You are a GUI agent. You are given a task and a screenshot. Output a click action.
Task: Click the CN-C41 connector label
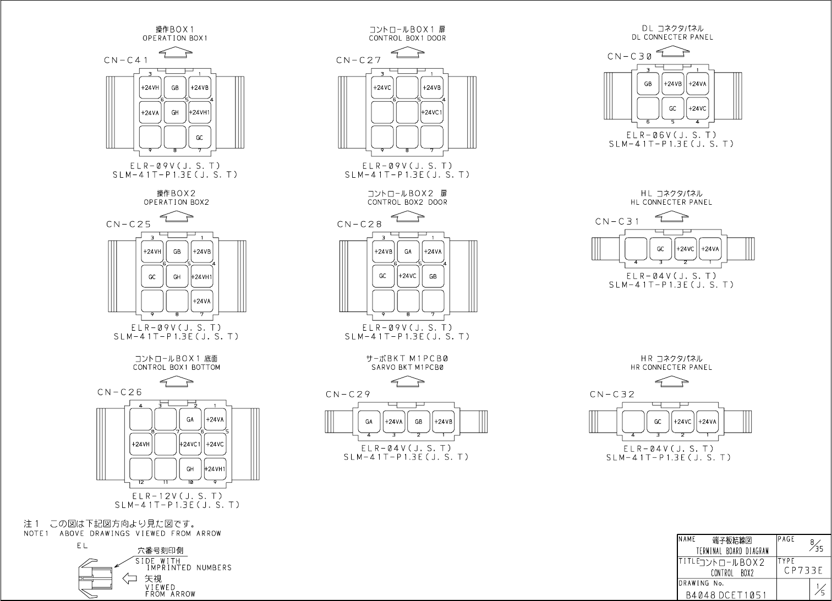coord(126,61)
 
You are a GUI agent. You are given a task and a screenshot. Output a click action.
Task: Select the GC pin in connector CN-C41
coord(200,138)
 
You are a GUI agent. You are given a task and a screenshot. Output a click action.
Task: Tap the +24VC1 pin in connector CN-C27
coord(432,112)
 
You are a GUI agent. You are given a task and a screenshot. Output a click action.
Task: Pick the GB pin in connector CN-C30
coord(648,84)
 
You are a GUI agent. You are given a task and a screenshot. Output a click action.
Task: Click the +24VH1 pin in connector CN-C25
coord(202,277)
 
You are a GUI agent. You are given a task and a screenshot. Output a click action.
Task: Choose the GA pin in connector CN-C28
coord(408,252)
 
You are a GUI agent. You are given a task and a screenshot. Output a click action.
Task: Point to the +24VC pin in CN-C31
coord(686,249)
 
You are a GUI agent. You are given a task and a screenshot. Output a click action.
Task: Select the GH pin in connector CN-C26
coord(190,469)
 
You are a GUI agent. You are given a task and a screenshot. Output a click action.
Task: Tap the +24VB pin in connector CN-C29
coord(444,422)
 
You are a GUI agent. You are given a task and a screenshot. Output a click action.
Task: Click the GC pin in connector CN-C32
coord(658,422)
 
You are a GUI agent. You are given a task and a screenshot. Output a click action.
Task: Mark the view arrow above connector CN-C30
coord(672,51)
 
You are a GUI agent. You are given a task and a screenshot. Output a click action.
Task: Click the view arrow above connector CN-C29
coord(408,380)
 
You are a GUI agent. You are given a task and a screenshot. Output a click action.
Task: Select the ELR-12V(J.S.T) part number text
coord(177,496)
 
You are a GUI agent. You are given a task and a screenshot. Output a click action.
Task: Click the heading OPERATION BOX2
coord(176,202)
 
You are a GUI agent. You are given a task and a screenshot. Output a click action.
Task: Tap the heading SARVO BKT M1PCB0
coord(408,367)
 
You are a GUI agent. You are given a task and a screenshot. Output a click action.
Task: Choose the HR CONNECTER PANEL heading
coord(671,367)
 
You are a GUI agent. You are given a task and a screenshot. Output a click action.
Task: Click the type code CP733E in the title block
coord(803,570)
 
